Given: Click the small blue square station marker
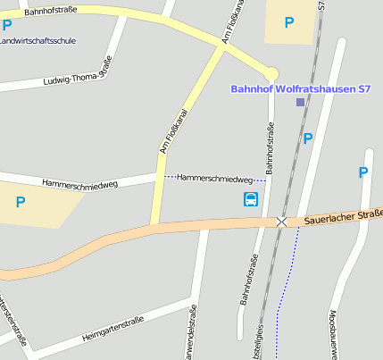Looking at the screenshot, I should pyautogui.click(x=300, y=103).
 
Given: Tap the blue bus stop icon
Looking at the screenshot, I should pyautogui.click(x=251, y=198).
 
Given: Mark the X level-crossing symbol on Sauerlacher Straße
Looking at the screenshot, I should pyautogui.click(x=282, y=221).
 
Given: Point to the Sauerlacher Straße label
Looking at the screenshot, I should pyautogui.click(x=343, y=215).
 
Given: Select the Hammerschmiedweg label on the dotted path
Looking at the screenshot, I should pyautogui.click(x=214, y=179).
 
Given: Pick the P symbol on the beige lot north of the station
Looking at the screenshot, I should pyautogui.click(x=289, y=22).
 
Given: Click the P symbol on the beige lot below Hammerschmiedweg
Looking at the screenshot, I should pyautogui.click(x=21, y=203).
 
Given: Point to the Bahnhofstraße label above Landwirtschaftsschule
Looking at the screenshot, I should pyautogui.click(x=52, y=12).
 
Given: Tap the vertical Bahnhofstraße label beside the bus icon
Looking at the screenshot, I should pyautogui.click(x=270, y=147).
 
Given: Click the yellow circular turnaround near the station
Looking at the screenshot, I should pyautogui.click(x=271, y=73).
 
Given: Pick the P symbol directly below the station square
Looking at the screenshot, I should pyautogui.click(x=308, y=138).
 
